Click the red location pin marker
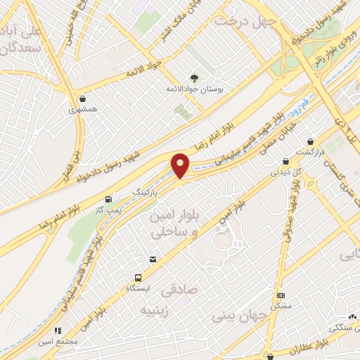pos(181,166)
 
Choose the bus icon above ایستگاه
pos(138,278)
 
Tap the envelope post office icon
pos(153,261)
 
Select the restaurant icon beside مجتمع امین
pos(58,330)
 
